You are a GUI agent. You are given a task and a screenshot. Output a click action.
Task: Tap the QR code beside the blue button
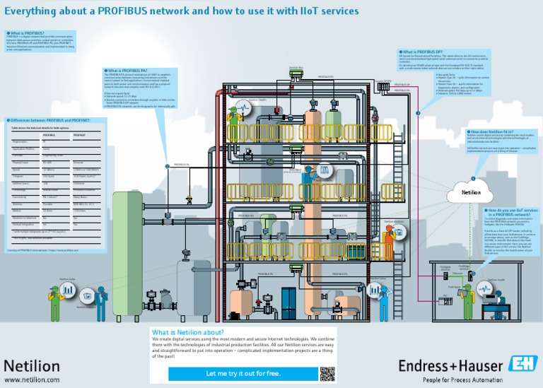tap(327, 374)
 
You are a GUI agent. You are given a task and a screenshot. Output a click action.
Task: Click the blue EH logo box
tap(522, 364)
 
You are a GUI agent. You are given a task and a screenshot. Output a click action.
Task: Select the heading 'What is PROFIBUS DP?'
tap(422, 52)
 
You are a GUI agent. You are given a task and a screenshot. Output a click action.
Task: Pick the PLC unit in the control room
tap(445, 300)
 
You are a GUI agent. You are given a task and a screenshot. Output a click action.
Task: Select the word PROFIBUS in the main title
tap(128, 11)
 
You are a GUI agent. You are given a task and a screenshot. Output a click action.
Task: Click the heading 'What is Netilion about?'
tap(188, 332)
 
